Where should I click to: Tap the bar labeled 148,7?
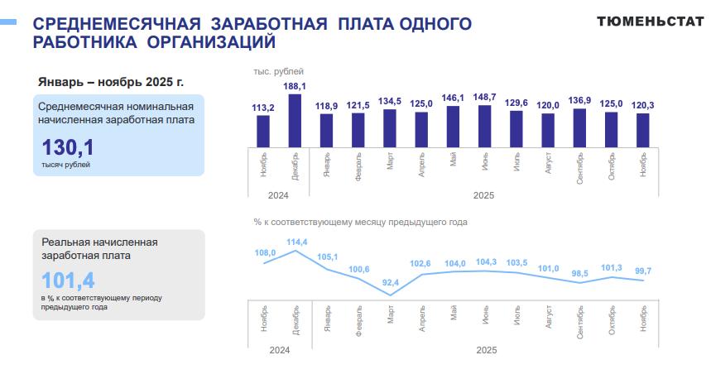484,126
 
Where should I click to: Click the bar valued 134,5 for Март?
389,128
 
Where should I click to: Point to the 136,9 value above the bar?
579,101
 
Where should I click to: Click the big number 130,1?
68,148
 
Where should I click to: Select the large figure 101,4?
68,280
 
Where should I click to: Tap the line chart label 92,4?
390,283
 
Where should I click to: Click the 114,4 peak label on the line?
296,242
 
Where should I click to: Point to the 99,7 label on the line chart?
643,271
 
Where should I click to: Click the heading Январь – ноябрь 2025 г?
111,82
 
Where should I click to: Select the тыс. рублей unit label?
278,73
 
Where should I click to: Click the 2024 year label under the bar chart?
278,195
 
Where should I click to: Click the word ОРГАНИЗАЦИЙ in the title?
209,41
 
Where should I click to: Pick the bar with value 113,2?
263,131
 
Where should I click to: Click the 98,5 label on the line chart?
580,273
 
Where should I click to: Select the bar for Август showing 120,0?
547,130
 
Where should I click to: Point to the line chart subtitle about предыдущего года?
360,222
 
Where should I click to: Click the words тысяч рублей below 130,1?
65,165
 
